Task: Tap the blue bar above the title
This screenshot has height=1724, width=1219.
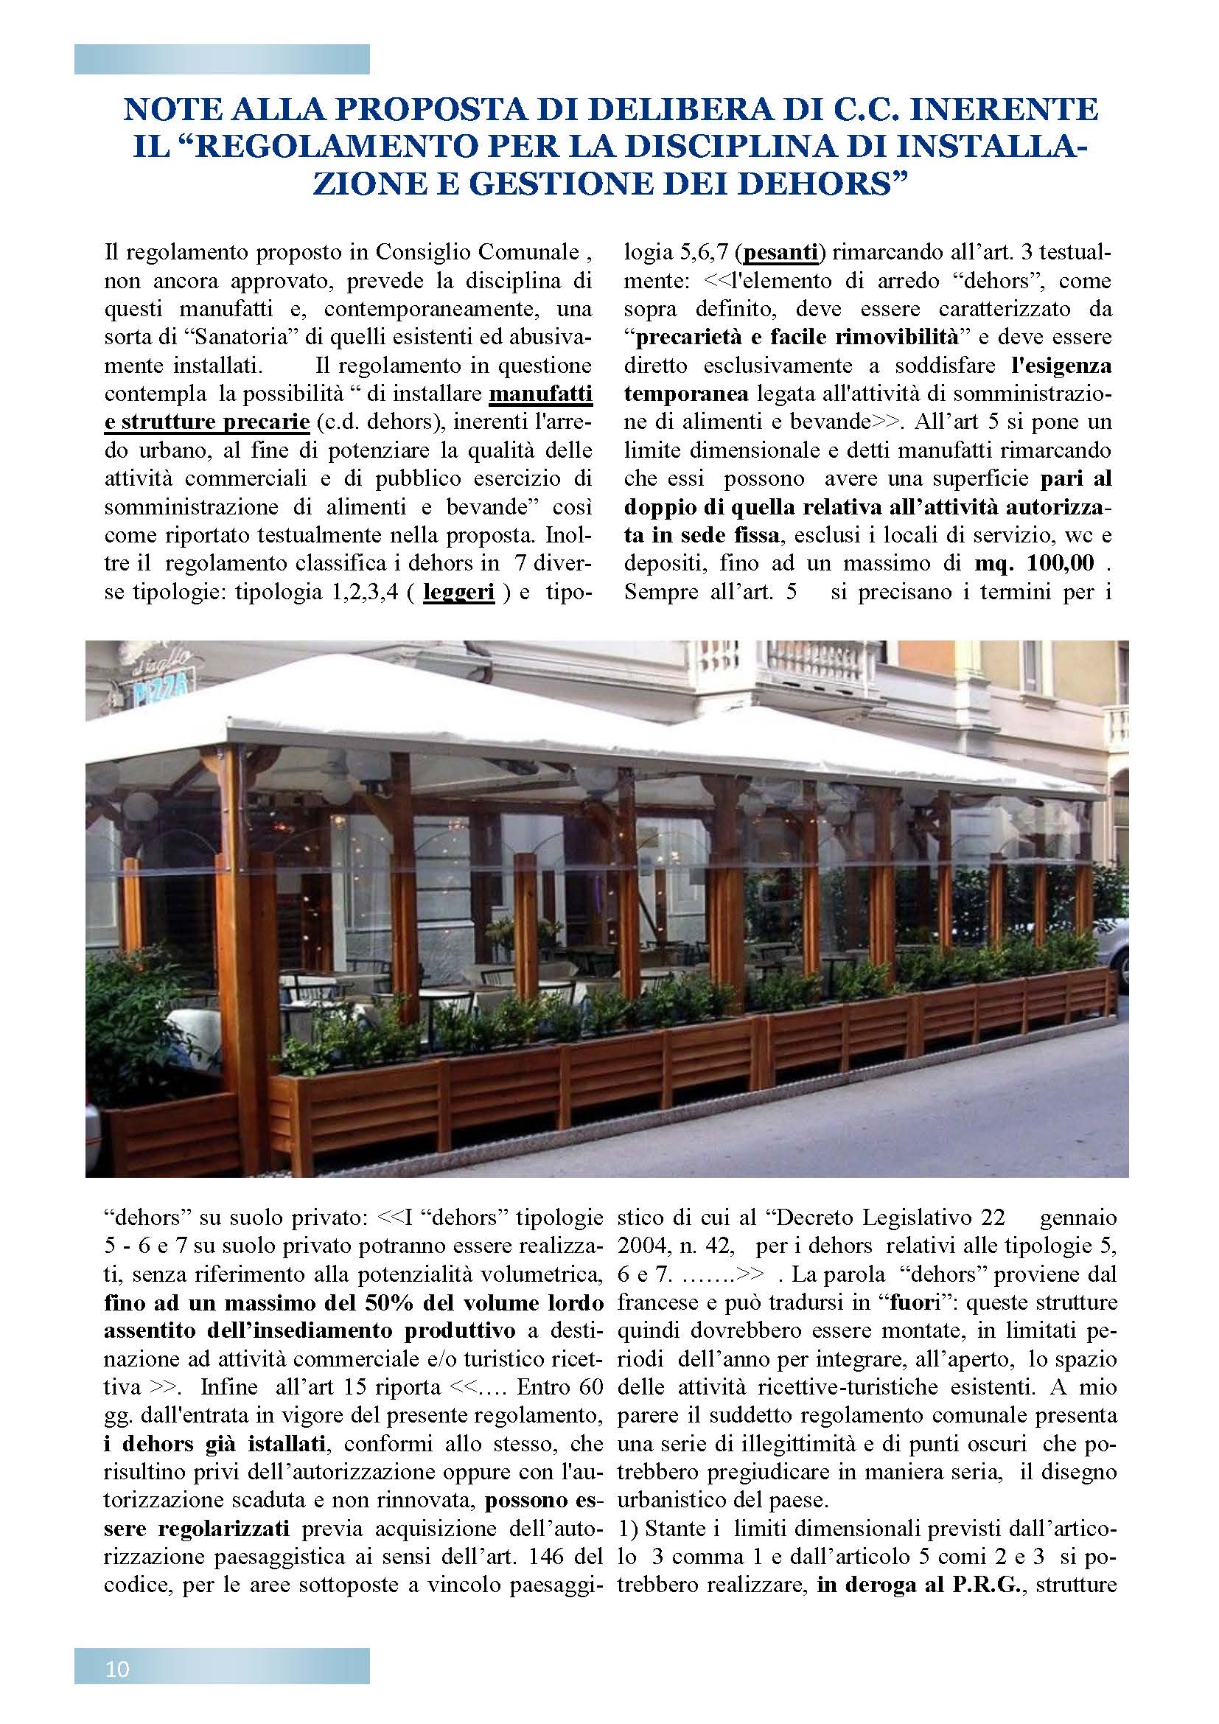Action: pos(221,59)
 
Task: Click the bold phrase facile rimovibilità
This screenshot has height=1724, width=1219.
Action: pos(859,337)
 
